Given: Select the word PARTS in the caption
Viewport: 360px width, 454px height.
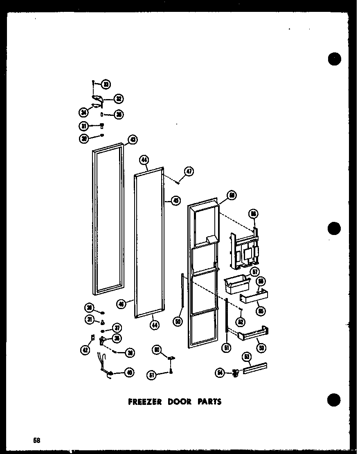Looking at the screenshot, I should [x=209, y=402].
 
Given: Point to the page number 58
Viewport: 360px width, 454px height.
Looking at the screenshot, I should [x=37, y=440].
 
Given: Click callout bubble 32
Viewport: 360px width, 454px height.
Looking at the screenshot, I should [x=119, y=98].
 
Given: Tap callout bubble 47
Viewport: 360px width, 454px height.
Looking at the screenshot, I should [x=189, y=172].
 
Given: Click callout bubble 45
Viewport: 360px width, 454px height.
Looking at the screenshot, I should [x=176, y=201].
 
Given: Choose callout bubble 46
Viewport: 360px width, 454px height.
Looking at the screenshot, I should [x=121, y=303].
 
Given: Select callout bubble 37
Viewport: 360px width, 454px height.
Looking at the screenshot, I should [x=117, y=328].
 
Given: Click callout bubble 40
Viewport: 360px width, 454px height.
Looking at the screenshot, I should [x=129, y=373].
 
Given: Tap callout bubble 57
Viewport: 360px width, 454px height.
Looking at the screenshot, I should [x=256, y=272].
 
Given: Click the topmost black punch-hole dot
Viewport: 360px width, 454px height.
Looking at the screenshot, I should [x=334, y=59].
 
